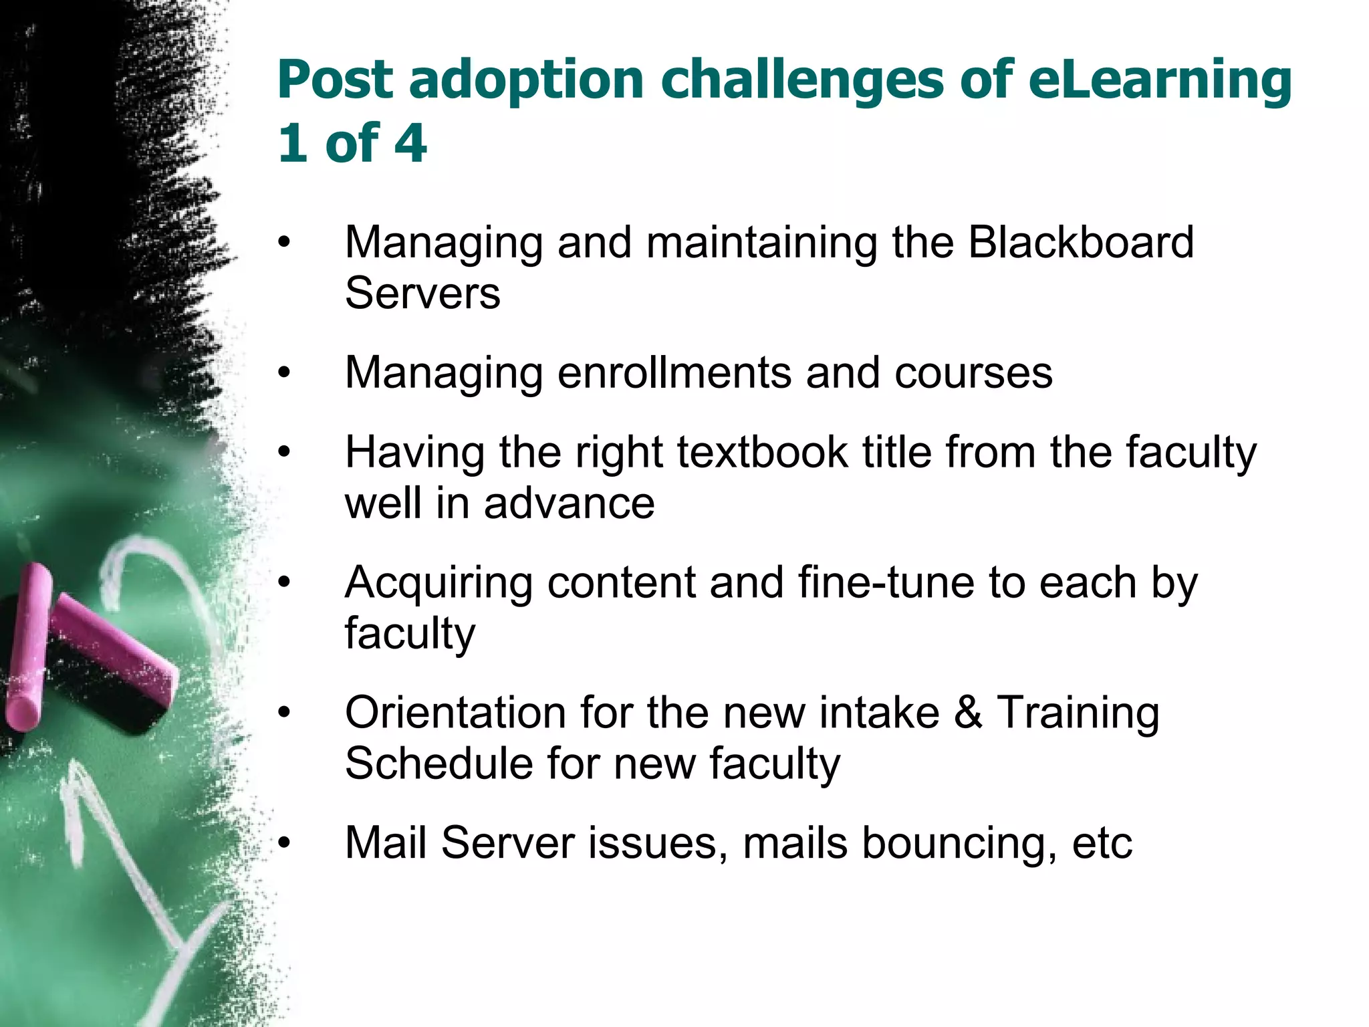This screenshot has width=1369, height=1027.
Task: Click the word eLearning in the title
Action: [x=1159, y=80]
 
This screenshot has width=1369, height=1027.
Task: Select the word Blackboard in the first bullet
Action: [x=1080, y=242]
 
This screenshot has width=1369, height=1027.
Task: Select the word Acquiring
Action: [x=438, y=584]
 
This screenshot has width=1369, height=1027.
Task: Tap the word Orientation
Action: [x=455, y=713]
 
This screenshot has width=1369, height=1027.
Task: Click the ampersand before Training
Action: [x=967, y=713]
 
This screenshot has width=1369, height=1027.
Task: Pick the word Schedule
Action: [x=438, y=764]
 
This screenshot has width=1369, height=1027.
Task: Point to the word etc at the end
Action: [x=1102, y=844]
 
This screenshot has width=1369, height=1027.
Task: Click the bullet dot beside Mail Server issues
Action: [x=285, y=843]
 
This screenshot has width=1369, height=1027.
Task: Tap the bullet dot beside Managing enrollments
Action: [x=285, y=372]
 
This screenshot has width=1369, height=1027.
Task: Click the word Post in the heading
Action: [x=335, y=80]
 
